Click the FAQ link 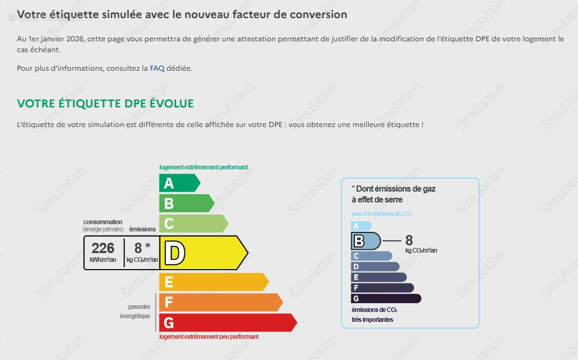coord(157,68)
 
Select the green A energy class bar coord(180,183)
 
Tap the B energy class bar coord(186,204)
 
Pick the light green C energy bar coord(194,224)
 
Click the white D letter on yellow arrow coord(175,253)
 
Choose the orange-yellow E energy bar coord(214,282)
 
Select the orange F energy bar coord(221,303)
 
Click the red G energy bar coord(228,323)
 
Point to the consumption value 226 coord(103,248)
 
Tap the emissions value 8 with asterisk coord(142,248)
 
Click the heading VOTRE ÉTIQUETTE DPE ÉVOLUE coord(105,103)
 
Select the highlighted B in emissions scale coord(358,241)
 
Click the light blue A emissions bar coord(361,226)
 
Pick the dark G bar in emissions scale coord(386,299)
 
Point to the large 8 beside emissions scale coord(409,240)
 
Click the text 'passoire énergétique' coord(135,311)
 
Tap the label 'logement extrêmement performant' coord(204,167)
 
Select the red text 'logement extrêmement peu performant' coord(209,337)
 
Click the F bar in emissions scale coord(382,288)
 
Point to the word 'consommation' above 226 coord(103,222)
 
